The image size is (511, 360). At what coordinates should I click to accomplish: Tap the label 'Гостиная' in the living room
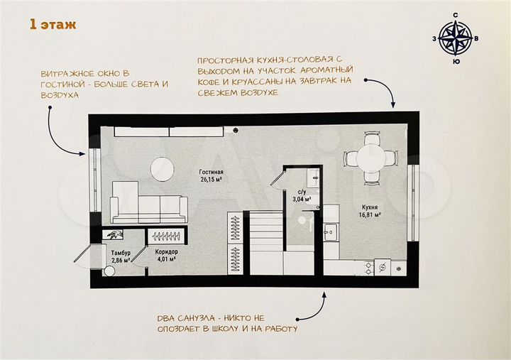click(211, 172)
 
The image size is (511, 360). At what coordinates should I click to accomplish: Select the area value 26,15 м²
click(211, 180)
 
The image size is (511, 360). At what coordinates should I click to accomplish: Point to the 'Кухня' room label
click(369, 207)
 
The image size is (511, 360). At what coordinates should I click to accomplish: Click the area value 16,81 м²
click(369, 214)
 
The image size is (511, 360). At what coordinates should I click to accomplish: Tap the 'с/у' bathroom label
click(302, 192)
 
